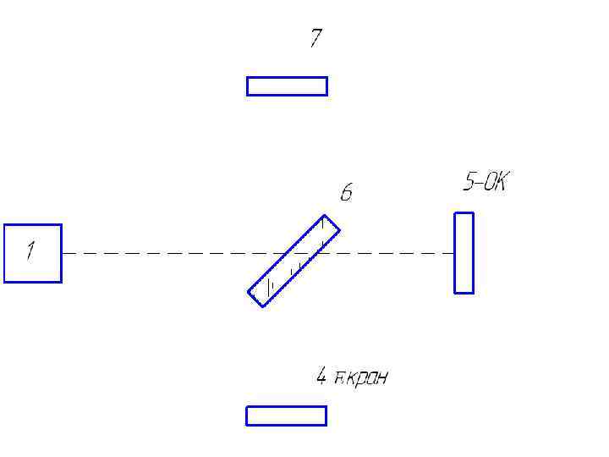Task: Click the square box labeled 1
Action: [x=33, y=253]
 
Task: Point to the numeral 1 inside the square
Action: [x=30, y=251]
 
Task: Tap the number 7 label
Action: [x=315, y=38]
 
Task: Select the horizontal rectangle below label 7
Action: [x=287, y=86]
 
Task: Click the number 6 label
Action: [x=346, y=194]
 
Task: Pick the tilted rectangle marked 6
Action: [x=294, y=261]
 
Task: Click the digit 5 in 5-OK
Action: [x=469, y=182]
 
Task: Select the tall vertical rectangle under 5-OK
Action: [x=464, y=253]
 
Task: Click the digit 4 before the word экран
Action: [x=321, y=377]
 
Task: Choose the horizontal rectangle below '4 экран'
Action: [x=286, y=416]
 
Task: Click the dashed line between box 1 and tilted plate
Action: [x=169, y=253]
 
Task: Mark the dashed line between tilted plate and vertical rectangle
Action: [x=389, y=253]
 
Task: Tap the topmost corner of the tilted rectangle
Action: [x=325, y=216]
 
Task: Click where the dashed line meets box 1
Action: [x=62, y=253]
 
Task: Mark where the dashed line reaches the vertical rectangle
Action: [x=454, y=253]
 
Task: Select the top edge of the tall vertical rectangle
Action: [x=464, y=213]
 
